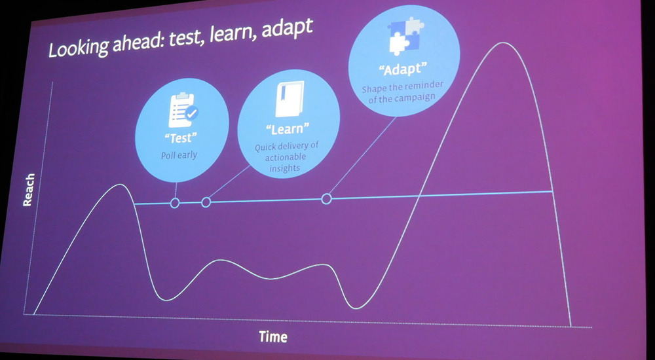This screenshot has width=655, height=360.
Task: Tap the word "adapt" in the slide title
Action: tap(287, 29)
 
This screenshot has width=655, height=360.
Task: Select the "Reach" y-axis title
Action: tap(28, 190)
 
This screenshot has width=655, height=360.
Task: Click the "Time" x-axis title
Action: tap(273, 336)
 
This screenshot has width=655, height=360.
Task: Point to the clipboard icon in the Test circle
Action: tap(183, 110)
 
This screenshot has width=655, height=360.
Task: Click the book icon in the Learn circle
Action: tap(289, 99)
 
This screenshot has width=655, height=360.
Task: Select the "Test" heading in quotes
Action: tap(181, 138)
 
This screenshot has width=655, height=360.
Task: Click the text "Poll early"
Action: tap(179, 155)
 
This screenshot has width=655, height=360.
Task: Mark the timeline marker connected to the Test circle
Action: tap(175, 203)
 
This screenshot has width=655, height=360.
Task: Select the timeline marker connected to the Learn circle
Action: tap(206, 202)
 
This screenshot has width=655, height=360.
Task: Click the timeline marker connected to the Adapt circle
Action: tap(327, 199)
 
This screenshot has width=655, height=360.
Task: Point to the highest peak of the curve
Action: tap(504, 43)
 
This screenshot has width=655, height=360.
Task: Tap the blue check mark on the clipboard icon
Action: tap(192, 113)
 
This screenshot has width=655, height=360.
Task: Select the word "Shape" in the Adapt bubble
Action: tap(371, 90)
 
